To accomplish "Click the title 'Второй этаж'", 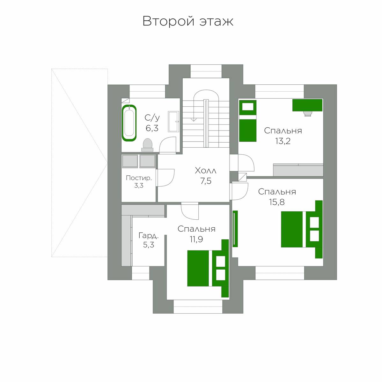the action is click(188, 21).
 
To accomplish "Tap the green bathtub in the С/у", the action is click(129, 123).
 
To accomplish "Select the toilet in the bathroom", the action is click(147, 145).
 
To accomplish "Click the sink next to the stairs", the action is click(173, 121).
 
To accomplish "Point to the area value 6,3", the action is click(152, 128).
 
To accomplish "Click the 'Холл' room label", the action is click(206, 171).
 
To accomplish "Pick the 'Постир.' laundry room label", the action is click(139, 178).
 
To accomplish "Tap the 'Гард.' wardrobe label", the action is click(149, 236).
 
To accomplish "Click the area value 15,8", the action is click(277, 202).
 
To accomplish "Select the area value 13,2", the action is click(283, 141).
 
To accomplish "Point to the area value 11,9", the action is click(196, 239).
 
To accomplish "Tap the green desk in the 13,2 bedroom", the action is click(307, 105).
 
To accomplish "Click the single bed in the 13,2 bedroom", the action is click(247, 121).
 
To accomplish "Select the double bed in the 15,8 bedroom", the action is click(302, 229).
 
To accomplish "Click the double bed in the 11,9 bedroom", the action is click(208, 268).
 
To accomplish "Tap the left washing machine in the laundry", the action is click(130, 161).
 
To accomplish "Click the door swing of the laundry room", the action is click(165, 178).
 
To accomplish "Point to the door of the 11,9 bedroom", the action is click(190, 211).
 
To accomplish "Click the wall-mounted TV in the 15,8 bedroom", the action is click(235, 229).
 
